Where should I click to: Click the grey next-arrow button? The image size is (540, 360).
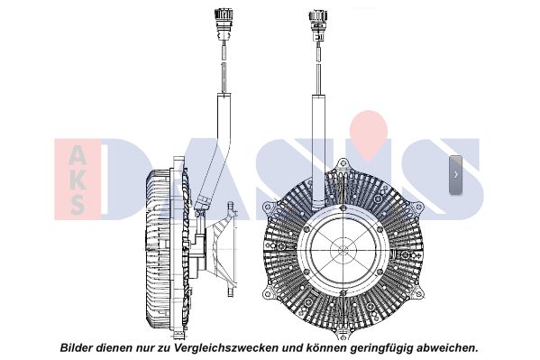tap(455, 174)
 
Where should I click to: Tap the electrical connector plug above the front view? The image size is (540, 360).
tap(318, 25)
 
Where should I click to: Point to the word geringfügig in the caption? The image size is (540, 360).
tap(381, 348)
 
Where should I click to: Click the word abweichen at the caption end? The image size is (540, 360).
tap(447, 347)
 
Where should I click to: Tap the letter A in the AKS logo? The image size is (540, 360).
tap(78, 155)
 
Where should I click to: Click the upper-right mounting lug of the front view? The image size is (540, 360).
tap(417, 208)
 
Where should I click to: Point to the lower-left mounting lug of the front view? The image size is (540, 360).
tap(268, 293)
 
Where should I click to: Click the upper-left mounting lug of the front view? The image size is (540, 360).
tap(268, 207)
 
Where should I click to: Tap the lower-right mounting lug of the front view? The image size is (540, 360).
tap(417, 293)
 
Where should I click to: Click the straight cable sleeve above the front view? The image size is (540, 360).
tap(318, 152)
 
